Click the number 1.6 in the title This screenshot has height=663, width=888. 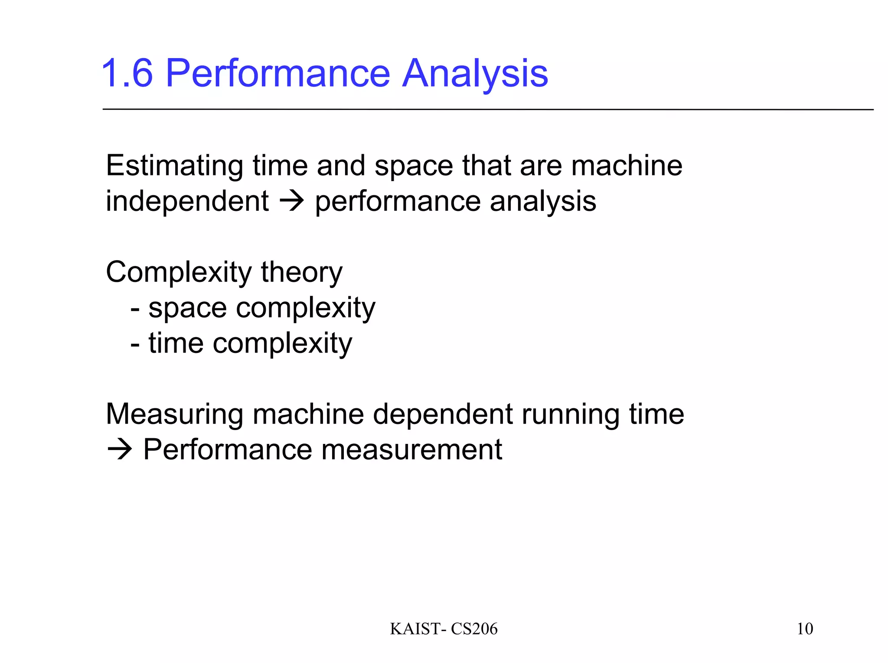(127, 74)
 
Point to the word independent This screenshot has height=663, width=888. (187, 201)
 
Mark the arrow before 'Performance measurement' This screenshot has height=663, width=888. (119, 450)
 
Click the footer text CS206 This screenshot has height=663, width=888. (474, 629)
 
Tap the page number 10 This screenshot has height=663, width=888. (805, 629)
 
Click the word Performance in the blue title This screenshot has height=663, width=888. (278, 74)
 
